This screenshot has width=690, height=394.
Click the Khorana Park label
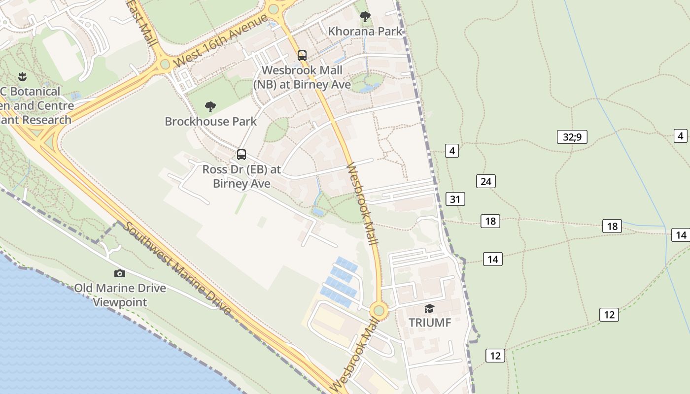pyautogui.click(x=365, y=31)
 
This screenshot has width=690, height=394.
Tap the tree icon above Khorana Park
pyautogui.click(x=365, y=17)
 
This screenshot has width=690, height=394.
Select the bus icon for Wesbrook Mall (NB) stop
pyautogui.click(x=302, y=56)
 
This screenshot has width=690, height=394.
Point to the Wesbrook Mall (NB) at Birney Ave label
pyautogui.click(x=302, y=77)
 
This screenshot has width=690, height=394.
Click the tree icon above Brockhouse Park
pyautogui.click(x=210, y=106)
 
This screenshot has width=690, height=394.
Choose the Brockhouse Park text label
pyautogui.click(x=210, y=121)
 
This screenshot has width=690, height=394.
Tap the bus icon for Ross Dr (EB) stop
pyautogui.click(x=241, y=155)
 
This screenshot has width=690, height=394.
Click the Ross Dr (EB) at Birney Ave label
pyautogui.click(x=241, y=176)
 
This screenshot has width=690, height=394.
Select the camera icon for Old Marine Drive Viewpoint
pyautogui.click(x=120, y=274)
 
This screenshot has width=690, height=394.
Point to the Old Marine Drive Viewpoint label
pyautogui.click(x=120, y=295)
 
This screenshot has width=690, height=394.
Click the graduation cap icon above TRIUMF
pyautogui.click(x=430, y=309)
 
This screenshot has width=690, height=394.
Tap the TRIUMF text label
pyautogui.click(x=430, y=323)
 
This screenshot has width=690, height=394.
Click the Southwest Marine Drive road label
pyautogui.click(x=177, y=268)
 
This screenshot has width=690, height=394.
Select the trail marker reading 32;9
pyautogui.click(x=572, y=136)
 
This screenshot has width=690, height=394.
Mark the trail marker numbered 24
pyautogui.click(x=486, y=181)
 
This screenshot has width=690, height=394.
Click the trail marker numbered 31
pyautogui.click(x=455, y=199)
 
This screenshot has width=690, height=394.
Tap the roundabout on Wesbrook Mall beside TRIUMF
pyautogui.click(x=379, y=310)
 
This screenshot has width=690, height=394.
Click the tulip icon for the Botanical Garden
pyautogui.click(x=22, y=77)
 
